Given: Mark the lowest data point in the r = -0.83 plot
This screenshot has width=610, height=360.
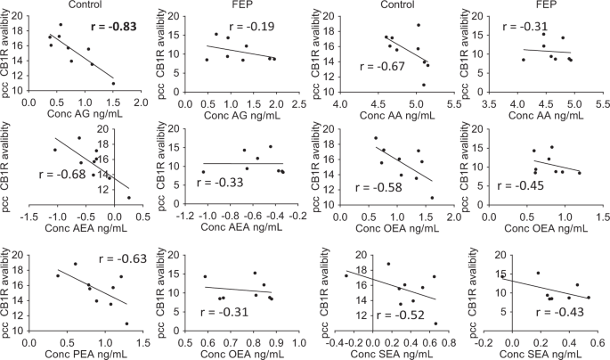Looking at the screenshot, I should click(x=113, y=83).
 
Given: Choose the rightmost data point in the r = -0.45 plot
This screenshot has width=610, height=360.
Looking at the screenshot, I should click(x=580, y=173).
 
